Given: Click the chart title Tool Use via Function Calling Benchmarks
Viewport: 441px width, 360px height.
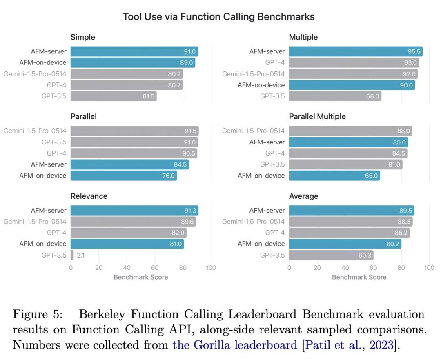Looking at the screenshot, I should (219, 17).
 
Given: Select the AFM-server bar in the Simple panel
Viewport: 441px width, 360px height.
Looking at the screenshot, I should (134, 51).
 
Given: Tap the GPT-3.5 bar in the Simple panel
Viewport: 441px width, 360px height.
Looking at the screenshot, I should (114, 96).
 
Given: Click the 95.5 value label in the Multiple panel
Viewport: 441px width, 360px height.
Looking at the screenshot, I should (413, 51).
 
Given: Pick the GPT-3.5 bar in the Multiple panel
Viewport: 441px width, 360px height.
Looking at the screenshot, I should (335, 96).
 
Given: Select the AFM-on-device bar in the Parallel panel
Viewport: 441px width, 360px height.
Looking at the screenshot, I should (124, 176).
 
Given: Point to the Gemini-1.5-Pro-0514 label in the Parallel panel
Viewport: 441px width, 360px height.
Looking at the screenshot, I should (35, 131).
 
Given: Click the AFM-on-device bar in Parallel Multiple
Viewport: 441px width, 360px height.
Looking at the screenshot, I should (334, 176).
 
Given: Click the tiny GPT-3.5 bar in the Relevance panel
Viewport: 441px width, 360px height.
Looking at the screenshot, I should (72, 255).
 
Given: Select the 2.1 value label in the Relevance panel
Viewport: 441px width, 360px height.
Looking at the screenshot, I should (80, 255).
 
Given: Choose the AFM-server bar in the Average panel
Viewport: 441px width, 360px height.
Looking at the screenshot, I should (352, 211).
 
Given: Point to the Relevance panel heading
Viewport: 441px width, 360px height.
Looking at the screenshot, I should (89, 196).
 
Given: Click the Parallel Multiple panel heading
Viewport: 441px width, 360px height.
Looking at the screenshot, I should (317, 116).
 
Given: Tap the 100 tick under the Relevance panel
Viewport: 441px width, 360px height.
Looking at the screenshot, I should (211, 268).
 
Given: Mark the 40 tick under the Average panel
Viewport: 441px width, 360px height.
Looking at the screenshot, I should (345, 268).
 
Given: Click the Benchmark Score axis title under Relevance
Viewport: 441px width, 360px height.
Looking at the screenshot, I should (141, 277).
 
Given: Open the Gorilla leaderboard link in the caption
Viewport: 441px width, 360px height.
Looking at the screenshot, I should (235, 345).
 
